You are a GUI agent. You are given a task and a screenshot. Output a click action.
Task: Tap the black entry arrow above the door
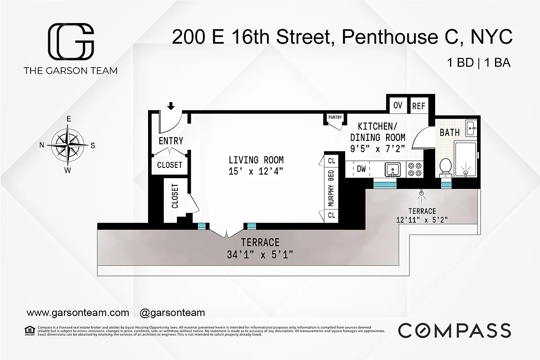click(x=171, y=106)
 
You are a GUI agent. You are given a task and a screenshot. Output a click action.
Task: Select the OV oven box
click(x=398, y=106)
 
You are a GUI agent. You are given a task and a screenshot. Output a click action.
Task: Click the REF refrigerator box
click(x=418, y=106)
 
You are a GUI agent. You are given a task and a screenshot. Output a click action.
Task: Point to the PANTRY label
click(x=335, y=118)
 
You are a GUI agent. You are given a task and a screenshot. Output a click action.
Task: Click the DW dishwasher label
click(x=361, y=169)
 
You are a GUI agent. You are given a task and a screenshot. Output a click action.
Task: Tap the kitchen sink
click(x=393, y=170)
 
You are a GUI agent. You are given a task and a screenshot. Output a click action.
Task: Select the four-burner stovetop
click(x=414, y=169)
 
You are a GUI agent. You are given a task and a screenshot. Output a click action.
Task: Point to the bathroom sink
click(x=471, y=128)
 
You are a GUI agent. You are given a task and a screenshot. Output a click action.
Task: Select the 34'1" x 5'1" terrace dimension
click(x=260, y=255)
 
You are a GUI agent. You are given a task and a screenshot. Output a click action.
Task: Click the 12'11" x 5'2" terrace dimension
click(x=422, y=220)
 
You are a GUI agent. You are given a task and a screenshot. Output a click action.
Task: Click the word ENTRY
click(x=171, y=141)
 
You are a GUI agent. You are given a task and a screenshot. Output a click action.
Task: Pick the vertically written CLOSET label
click(x=175, y=197)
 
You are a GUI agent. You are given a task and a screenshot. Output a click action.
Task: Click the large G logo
click(x=71, y=41)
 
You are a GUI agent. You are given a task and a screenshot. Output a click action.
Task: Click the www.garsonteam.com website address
click(x=78, y=312)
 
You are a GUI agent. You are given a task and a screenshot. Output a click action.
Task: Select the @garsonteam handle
click(x=172, y=312)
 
